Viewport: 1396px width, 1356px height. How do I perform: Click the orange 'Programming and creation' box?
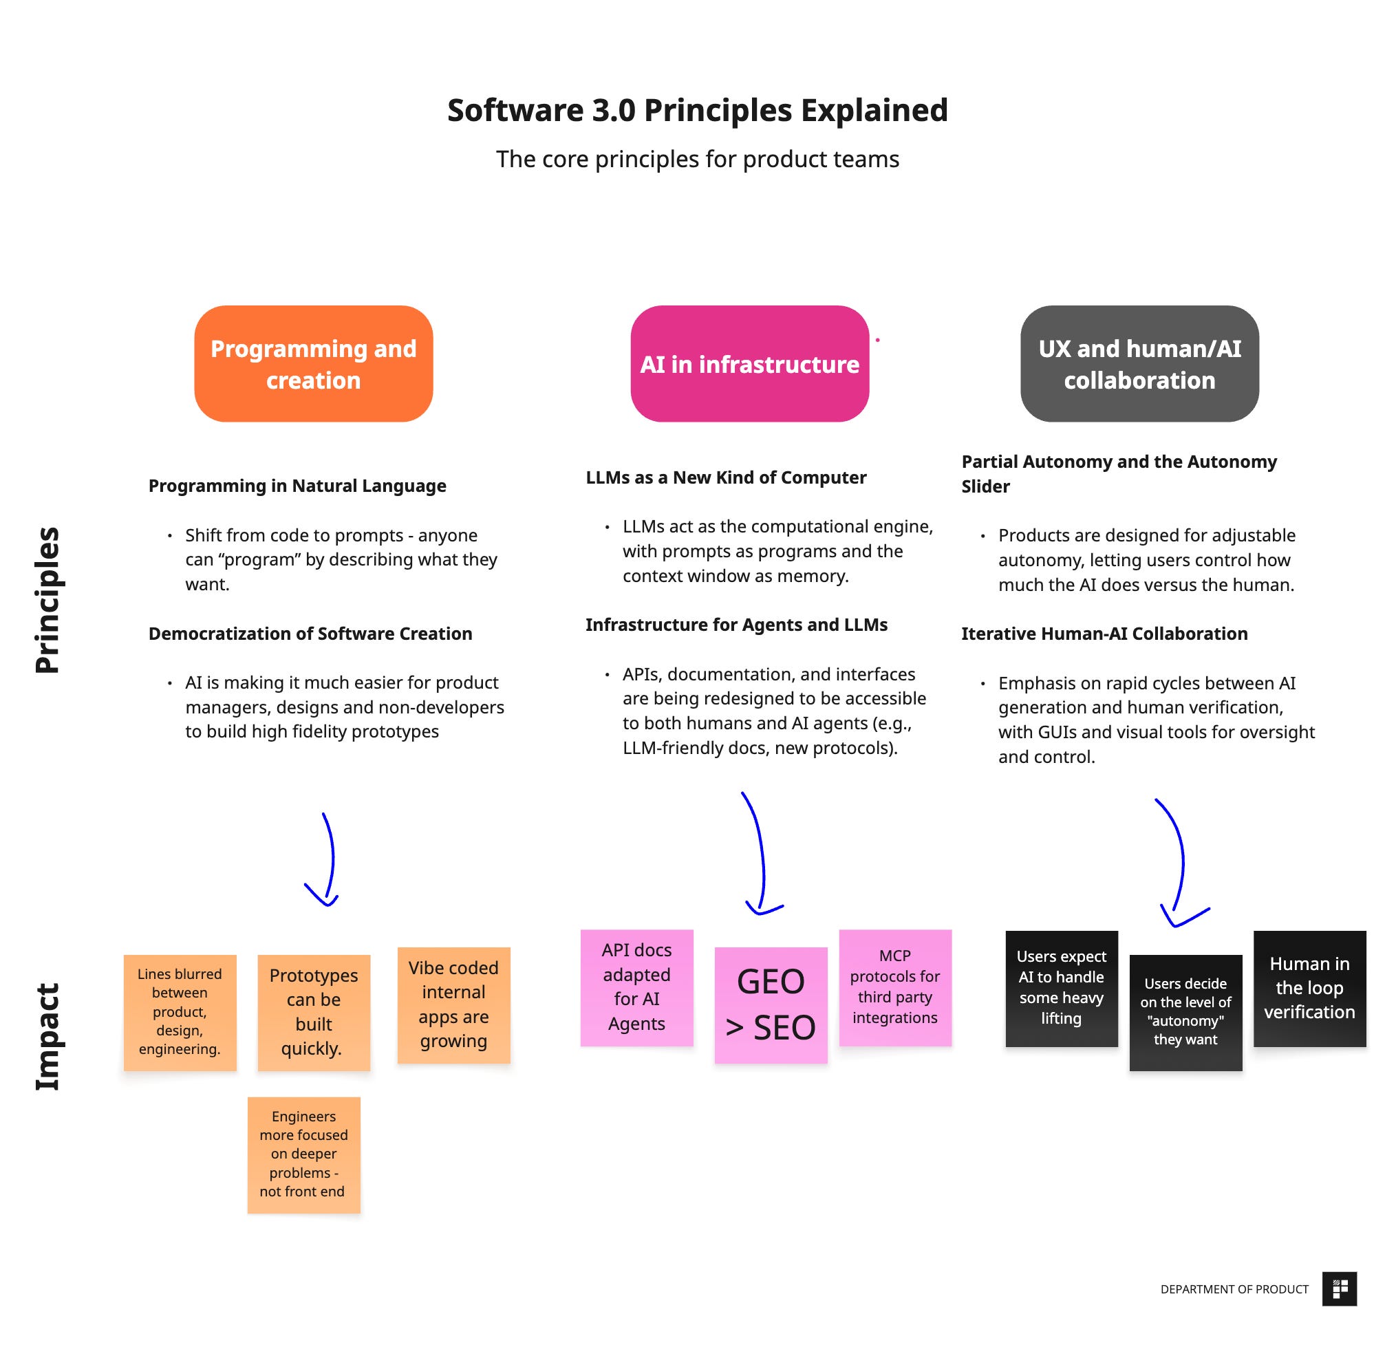[313, 364]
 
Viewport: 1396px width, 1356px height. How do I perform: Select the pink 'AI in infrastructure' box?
[749, 364]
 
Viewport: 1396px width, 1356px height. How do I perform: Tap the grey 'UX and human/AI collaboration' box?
[1139, 364]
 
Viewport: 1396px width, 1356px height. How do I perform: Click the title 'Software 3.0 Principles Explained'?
[697, 110]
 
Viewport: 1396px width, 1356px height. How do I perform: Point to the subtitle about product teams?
[697, 159]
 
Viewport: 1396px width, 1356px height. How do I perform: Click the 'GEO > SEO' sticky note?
[771, 1005]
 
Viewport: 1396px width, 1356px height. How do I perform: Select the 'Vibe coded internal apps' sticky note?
[453, 1005]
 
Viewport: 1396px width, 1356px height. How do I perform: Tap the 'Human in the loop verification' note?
[1309, 989]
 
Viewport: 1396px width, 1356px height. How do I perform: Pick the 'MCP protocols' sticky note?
[894, 987]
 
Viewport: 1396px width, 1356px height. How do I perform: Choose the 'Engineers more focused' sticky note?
[303, 1154]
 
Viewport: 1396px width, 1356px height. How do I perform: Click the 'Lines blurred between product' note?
[180, 1012]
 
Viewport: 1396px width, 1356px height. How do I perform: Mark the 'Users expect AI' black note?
[1061, 989]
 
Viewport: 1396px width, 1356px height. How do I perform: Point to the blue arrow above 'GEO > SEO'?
[761, 854]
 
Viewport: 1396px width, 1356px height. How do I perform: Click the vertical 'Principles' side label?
[47, 601]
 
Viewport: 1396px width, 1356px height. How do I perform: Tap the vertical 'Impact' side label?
[47, 1037]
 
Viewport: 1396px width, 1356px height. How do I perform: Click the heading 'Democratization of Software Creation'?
[310, 634]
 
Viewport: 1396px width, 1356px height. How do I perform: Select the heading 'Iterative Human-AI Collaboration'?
[1104, 634]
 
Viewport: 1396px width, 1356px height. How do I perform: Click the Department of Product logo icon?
[1339, 1289]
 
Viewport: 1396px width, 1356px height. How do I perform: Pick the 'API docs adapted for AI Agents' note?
[636, 987]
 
